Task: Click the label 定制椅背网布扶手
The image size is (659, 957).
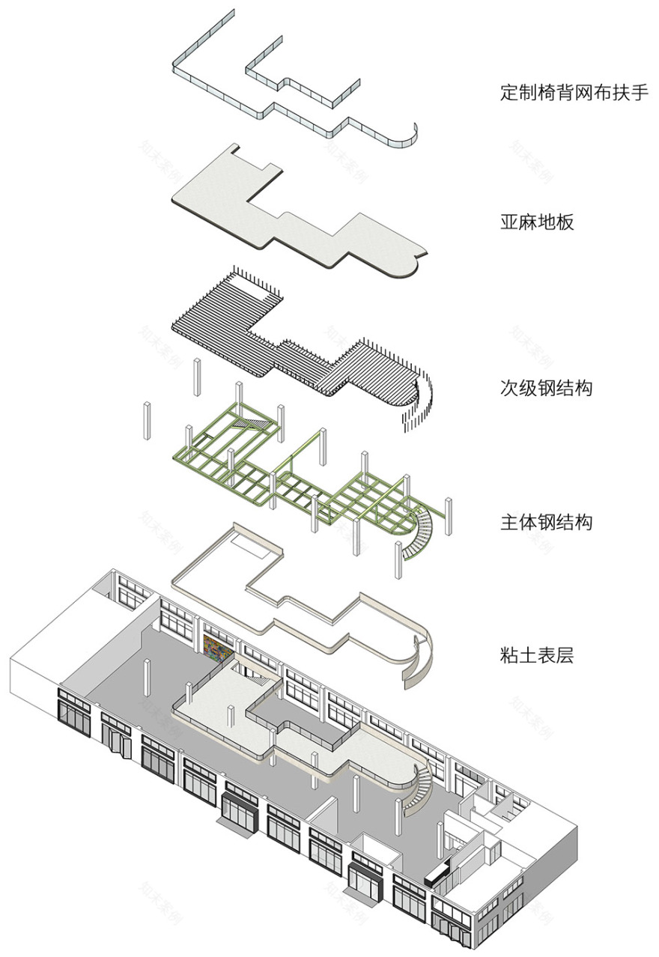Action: pyautogui.click(x=574, y=94)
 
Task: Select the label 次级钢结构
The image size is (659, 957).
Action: pyautogui.click(x=546, y=389)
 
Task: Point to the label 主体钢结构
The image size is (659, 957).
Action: pyautogui.click(x=546, y=521)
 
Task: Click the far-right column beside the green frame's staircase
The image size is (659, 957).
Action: pyautogui.click(x=449, y=517)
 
